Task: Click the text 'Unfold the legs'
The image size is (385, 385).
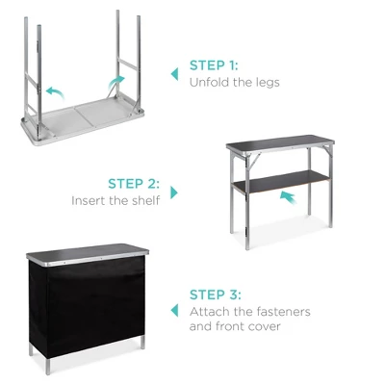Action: [x=235, y=83]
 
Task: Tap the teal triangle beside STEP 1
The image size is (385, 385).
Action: [x=174, y=73]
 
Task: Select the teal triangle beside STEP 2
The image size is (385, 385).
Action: [x=173, y=192]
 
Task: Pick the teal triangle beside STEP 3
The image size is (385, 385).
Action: [x=174, y=310]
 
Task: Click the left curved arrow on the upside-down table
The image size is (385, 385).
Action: [x=56, y=90]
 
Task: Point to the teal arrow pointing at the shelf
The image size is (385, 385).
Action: [x=286, y=196]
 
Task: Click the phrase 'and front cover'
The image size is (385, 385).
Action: [x=236, y=327]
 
